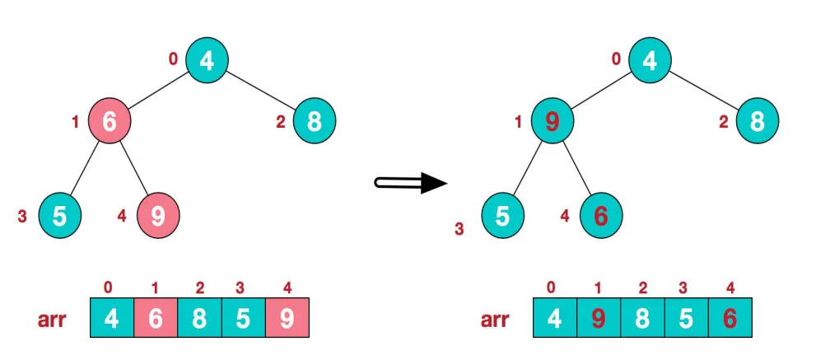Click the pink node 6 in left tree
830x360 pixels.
click(x=109, y=121)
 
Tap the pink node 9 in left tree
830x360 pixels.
click(x=158, y=216)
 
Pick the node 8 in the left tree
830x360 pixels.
click(x=314, y=121)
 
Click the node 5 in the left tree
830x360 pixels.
click(x=60, y=216)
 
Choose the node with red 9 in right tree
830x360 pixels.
click(x=552, y=121)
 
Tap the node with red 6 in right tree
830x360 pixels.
click(x=601, y=216)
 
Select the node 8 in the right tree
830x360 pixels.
click(x=757, y=121)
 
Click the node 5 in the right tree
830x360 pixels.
click(x=503, y=216)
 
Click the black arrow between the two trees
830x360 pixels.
click(x=411, y=183)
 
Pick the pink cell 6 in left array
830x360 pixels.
click(x=155, y=317)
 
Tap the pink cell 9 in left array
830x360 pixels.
click(x=287, y=317)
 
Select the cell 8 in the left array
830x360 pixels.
click(x=199, y=317)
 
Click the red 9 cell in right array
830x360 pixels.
click(x=598, y=317)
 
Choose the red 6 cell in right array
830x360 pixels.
click(x=730, y=317)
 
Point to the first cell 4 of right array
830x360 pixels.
click(x=555, y=317)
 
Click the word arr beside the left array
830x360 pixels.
click(x=51, y=320)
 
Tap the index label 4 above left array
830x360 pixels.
click(x=287, y=288)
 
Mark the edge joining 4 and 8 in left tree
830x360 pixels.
click(x=260, y=91)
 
